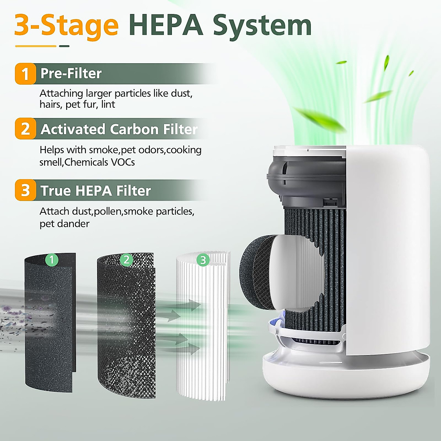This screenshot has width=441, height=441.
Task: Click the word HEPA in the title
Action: coord(166,25)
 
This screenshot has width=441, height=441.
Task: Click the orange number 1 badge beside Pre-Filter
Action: coord(25,73)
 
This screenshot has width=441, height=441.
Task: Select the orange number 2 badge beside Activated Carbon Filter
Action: coord(25,129)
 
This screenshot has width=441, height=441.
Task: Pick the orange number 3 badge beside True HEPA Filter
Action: coord(25,190)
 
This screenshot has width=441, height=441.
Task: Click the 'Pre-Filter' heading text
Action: coord(71,73)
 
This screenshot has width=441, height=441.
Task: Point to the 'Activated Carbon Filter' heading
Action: coord(119,129)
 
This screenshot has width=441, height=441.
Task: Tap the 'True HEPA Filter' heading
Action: coord(96,191)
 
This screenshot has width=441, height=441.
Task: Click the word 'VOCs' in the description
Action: coord(123,162)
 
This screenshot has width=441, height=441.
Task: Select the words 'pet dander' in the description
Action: coord(64,224)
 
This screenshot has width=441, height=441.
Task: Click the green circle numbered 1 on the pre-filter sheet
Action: coord(52,260)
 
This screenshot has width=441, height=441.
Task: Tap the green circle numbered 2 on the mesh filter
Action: coord(126,260)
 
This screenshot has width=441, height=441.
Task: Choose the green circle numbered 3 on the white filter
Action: coord(203,260)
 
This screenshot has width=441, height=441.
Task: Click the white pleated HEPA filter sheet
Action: coord(202,331)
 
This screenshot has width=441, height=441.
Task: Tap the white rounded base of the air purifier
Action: coord(345,375)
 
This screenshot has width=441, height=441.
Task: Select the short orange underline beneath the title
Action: coord(35,46)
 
